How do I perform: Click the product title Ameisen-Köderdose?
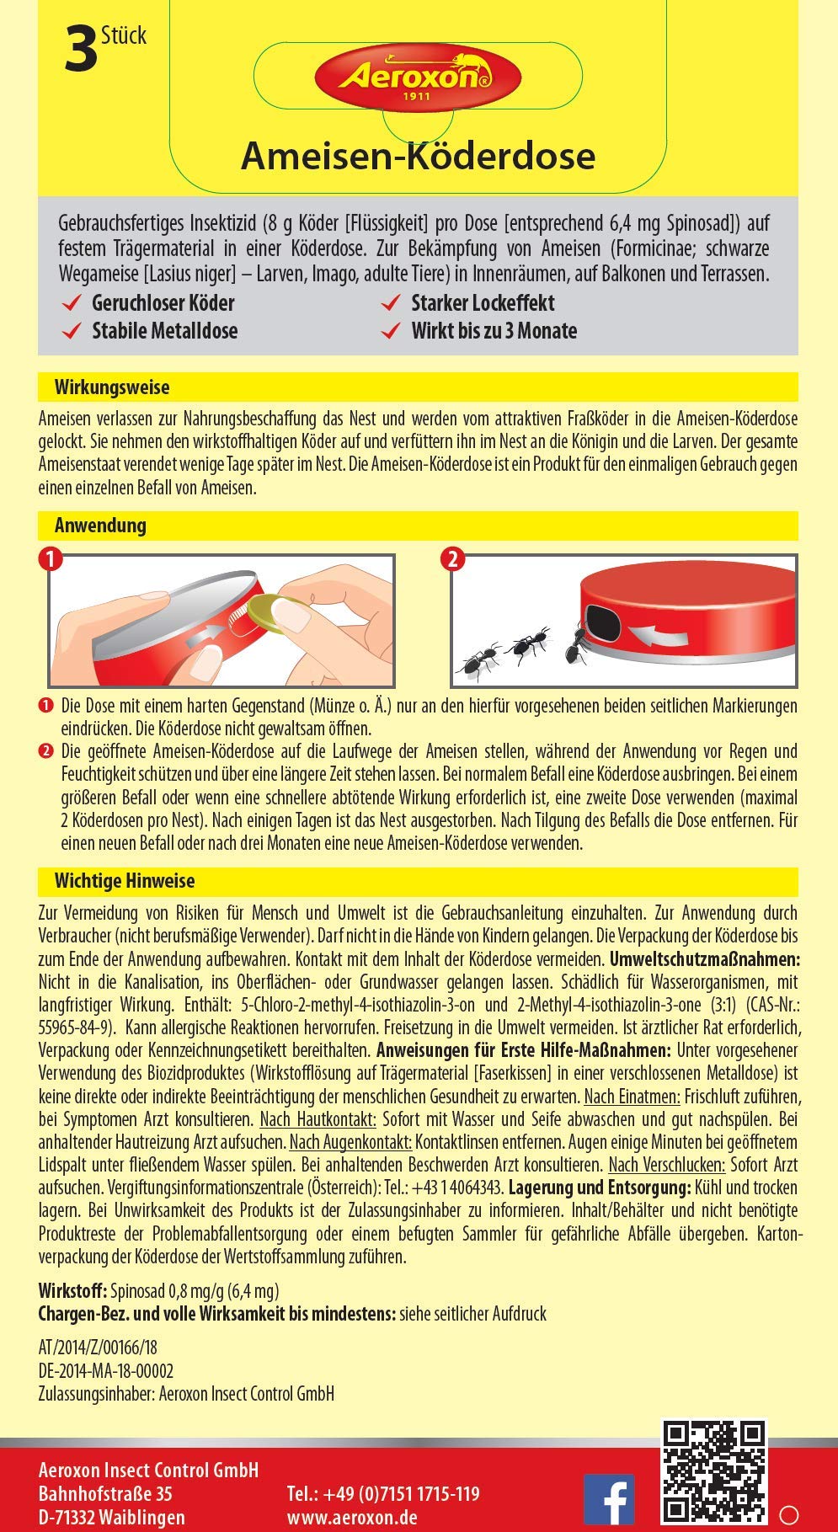(x=418, y=156)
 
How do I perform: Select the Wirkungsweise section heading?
(x=112, y=387)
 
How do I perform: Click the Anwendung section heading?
(x=100, y=526)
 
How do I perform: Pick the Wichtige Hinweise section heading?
(x=125, y=881)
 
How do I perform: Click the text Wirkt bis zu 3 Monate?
(x=494, y=331)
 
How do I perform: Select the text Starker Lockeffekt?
(x=483, y=303)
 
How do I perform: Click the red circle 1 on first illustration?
(x=52, y=559)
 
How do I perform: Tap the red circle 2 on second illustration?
(x=454, y=559)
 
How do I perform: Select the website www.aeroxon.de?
(x=352, y=1518)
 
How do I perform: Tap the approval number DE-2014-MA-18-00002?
(x=106, y=1370)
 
